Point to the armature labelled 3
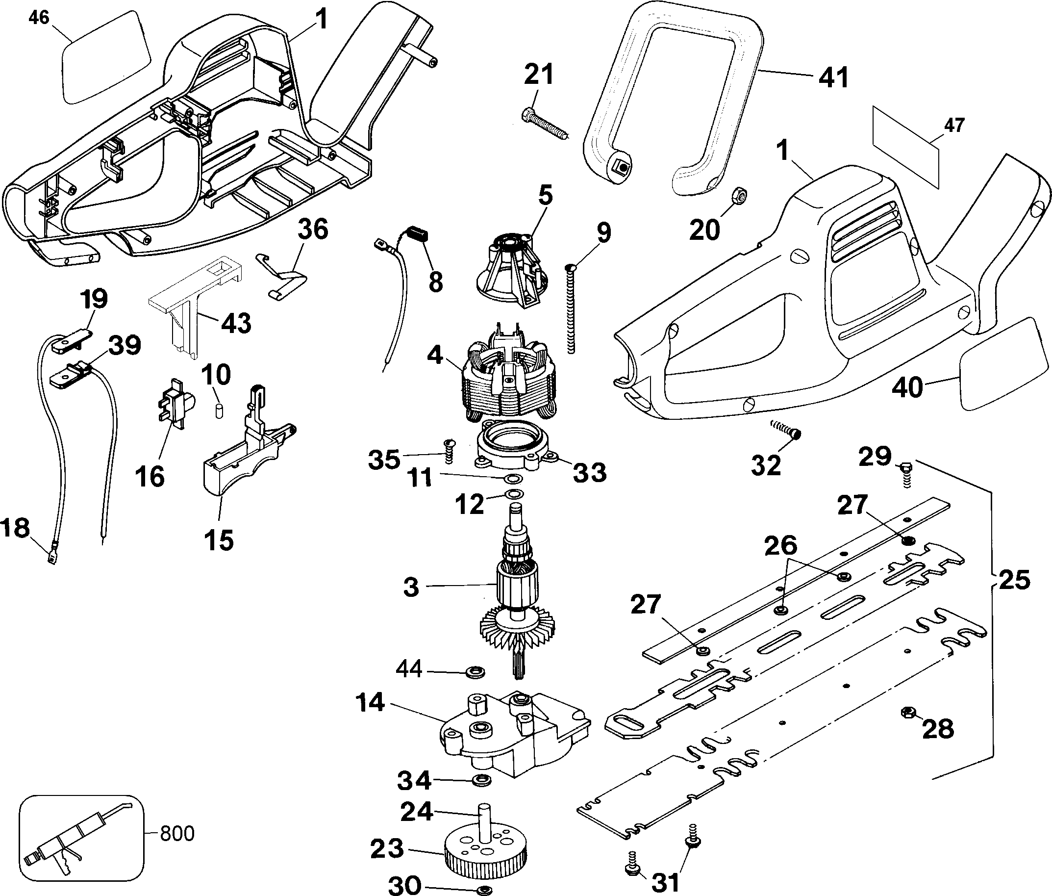tap(517, 594)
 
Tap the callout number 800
tap(177, 834)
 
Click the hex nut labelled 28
tap(907, 712)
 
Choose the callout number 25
tap(1013, 580)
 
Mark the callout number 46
tap(39, 18)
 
